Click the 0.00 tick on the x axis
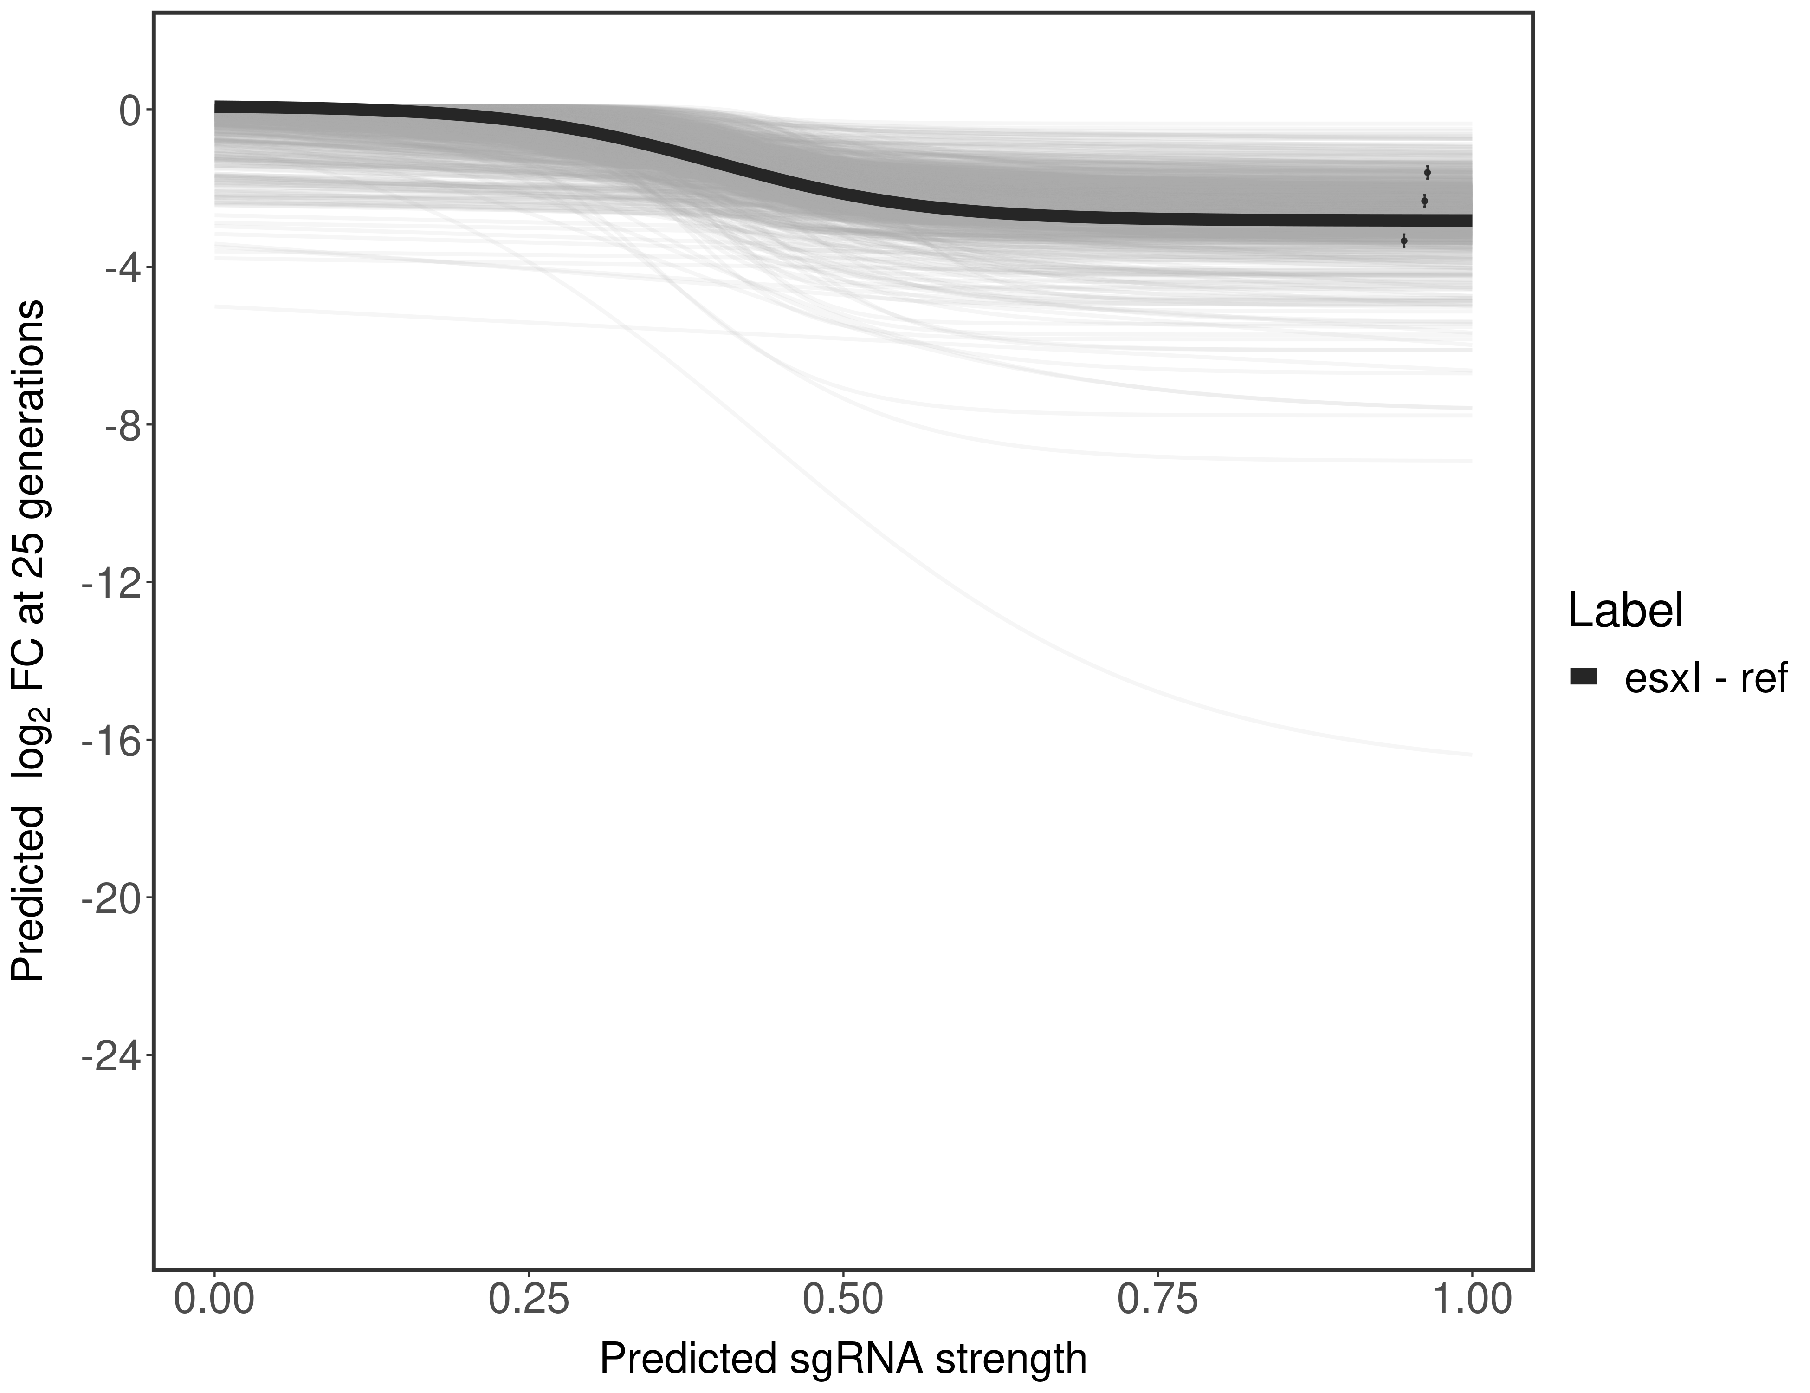tap(214, 1300)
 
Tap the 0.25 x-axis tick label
tap(529, 1300)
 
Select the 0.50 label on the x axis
tap(843, 1300)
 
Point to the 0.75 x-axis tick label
tap(1157, 1300)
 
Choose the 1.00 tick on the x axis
tap(1471, 1300)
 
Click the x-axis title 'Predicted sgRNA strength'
tap(843, 1360)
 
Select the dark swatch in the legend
tap(1583, 677)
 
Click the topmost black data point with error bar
tap(1427, 172)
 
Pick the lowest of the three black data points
tap(1404, 241)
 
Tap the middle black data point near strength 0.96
tap(1424, 201)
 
